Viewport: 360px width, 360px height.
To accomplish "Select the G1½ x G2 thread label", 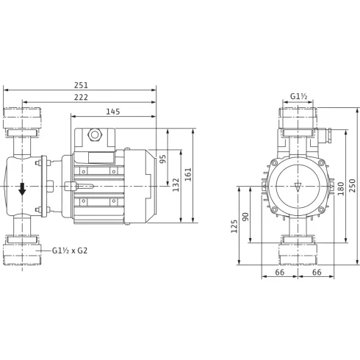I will click(x=73, y=251).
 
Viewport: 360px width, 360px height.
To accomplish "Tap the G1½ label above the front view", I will click(x=298, y=96).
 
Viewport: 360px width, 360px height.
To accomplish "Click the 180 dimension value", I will click(x=340, y=187).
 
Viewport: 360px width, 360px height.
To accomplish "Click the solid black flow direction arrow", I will click(x=22, y=188).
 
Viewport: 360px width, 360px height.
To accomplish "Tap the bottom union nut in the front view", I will click(x=298, y=252).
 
